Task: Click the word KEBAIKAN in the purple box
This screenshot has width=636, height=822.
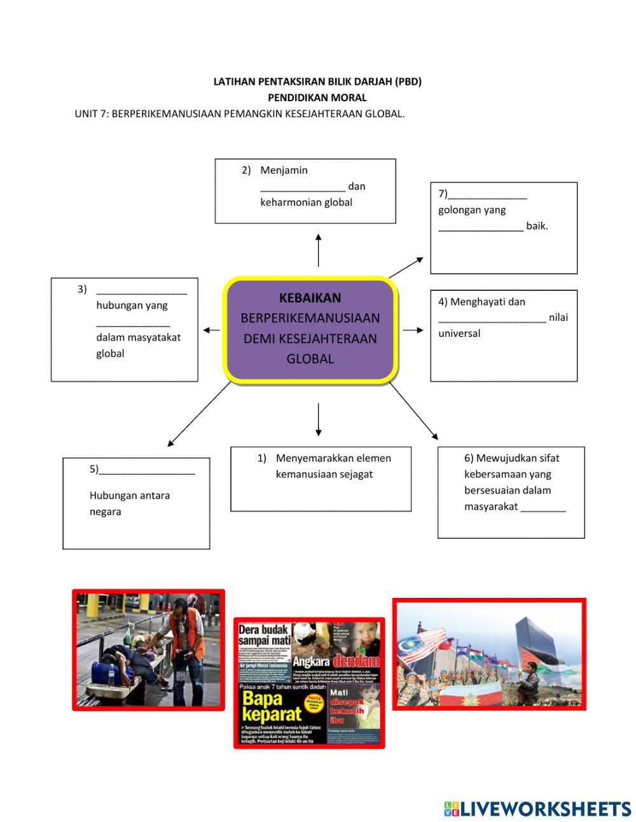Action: (x=310, y=298)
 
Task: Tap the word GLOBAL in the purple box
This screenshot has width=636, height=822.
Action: (x=310, y=359)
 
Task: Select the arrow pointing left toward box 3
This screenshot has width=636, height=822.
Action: (x=212, y=330)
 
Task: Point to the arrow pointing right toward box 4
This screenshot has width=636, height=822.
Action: (x=413, y=330)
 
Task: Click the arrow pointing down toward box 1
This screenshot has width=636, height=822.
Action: (x=318, y=420)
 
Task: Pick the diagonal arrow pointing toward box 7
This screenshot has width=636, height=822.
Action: (x=406, y=267)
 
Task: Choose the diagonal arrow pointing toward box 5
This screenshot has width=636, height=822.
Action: (x=199, y=414)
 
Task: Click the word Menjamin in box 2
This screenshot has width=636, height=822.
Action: (x=284, y=170)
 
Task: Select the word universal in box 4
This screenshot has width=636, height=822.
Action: (x=459, y=334)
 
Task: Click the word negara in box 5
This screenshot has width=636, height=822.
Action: (x=105, y=512)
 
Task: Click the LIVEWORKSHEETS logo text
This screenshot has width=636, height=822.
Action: (x=545, y=809)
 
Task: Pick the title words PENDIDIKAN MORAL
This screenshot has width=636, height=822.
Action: (x=317, y=97)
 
